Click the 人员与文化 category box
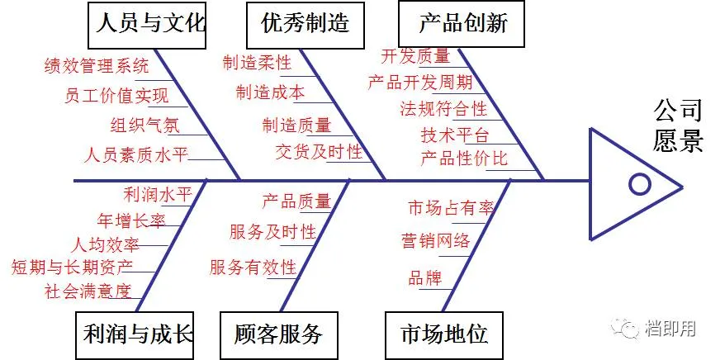[148, 24]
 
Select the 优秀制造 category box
[305, 24]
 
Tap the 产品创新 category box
[462, 24]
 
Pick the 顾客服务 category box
[278, 334]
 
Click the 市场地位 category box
[443, 334]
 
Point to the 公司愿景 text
[678, 125]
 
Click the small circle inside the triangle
[640, 183]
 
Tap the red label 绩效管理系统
[97, 65]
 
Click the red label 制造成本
[270, 91]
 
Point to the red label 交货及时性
[319, 151]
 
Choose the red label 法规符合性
[443, 108]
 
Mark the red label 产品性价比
[464, 158]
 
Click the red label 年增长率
[131, 220]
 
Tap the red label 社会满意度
[88, 291]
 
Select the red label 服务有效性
[253, 267]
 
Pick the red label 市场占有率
[451, 208]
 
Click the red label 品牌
[425, 278]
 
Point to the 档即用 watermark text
[670, 329]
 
